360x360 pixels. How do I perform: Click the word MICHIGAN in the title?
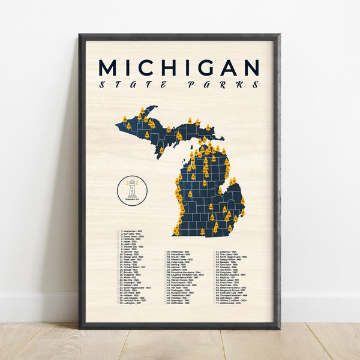point(179,67)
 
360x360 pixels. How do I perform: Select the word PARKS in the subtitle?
point(224,85)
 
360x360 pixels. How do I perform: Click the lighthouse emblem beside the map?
point(131,191)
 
